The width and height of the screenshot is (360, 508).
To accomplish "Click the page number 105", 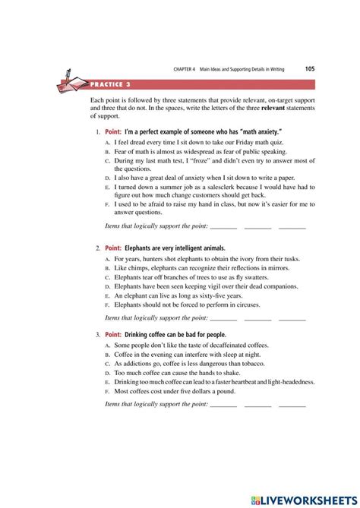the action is click(310, 68).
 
